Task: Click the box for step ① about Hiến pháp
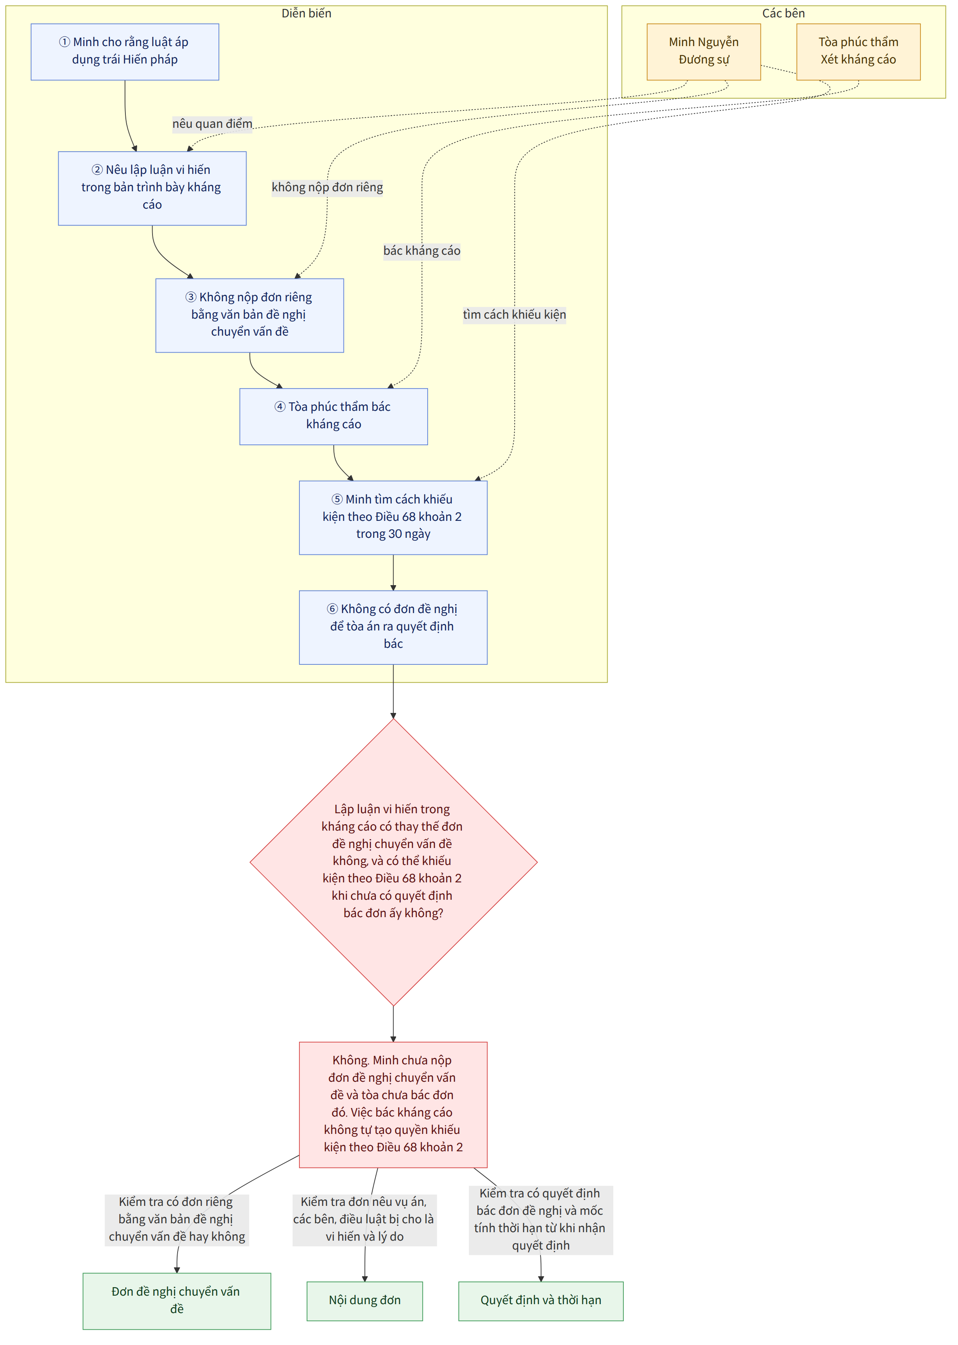click(x=125, y=52)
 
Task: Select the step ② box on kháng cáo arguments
click(x=152, y=188)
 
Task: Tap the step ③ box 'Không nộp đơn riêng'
click(x=250, y=315)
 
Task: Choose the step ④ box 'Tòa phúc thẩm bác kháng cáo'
click(x=333, y=416)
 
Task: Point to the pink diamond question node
click(x=394, y=862)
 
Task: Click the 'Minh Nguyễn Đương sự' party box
click(x=704, y=52)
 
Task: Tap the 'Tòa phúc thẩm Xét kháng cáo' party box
click(x=858, y=52)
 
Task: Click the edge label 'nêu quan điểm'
click(x=212, y=124)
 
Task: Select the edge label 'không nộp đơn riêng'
click(x=327, y=188)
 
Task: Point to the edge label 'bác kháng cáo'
click(x=422, y=251)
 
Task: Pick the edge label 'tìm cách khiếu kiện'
click(x=514, y=315)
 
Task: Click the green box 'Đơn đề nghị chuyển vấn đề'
click(x=177, y=1301)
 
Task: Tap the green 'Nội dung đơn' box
click(x=365, y=1301)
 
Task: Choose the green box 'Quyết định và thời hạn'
click(x=541, y=1301)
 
